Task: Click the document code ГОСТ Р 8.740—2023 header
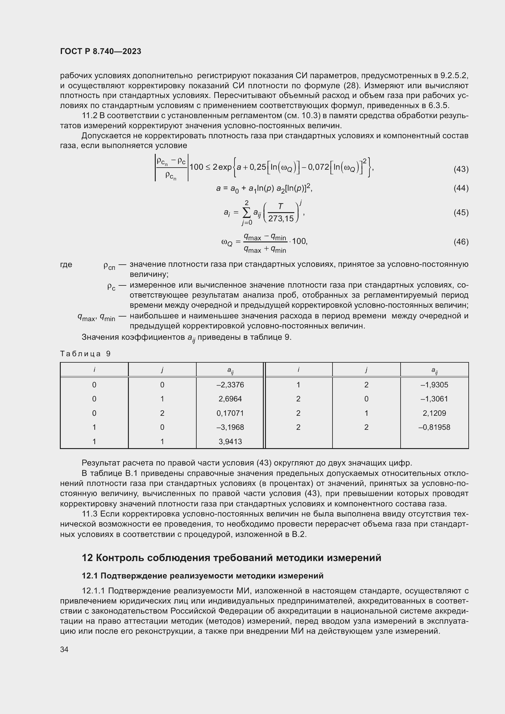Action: click(x=100, y=51)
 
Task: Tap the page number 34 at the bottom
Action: click(x=64, y=649)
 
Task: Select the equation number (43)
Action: click(x=461, y=169)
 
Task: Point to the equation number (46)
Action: click(x=461, y=242)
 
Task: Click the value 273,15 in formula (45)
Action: click(x=281, y=219)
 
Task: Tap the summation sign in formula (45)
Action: click(x=247, y=212)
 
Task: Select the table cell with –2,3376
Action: click(x=230, y=385)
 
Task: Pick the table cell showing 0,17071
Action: click(x=230, y=413)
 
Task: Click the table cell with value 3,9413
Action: click(x=230, y=442)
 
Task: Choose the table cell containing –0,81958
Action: click(x=434, y=427)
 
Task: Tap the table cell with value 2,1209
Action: click(x=434, y=413)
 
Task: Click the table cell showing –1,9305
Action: click(x=434, y=385)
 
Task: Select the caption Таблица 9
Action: click(x=85, y=354)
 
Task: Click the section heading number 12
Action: click(x=87, y=558)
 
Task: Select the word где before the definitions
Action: click(x=66, y=265)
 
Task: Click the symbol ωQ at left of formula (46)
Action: click(x=227, y=242)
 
